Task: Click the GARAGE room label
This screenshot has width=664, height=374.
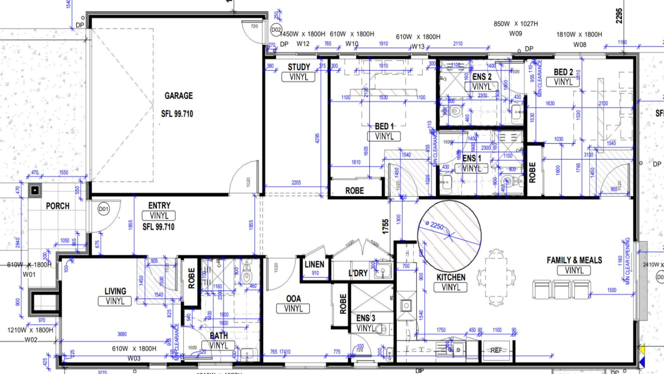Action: [179, 96]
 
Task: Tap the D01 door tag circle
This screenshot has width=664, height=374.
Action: [104, 209]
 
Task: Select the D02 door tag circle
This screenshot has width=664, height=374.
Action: [276, 30]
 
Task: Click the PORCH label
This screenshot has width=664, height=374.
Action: [58, 206]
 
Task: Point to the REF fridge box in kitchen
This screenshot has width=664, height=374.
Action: [496, 350]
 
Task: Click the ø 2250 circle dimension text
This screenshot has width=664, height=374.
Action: [434, 225]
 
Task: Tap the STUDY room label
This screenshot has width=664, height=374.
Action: [299, 67]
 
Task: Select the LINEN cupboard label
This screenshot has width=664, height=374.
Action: [314, 264]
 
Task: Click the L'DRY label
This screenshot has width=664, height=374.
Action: [358, 273]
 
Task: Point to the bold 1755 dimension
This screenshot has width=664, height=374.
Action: [385, 227]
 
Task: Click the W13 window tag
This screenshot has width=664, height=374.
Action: [418, 47]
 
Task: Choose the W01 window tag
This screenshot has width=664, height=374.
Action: [29, 274]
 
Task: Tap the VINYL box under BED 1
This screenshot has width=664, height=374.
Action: [384, 136]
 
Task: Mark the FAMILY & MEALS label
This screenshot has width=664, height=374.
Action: [574, 260]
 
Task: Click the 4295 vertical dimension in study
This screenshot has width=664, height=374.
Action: [317, 138]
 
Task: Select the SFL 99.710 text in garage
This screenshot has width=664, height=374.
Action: [177, 114]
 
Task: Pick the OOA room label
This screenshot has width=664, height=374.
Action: [293, 298]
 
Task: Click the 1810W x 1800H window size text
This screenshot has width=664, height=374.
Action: [579, 34]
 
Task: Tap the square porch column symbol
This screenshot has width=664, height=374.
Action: [35, 190]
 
